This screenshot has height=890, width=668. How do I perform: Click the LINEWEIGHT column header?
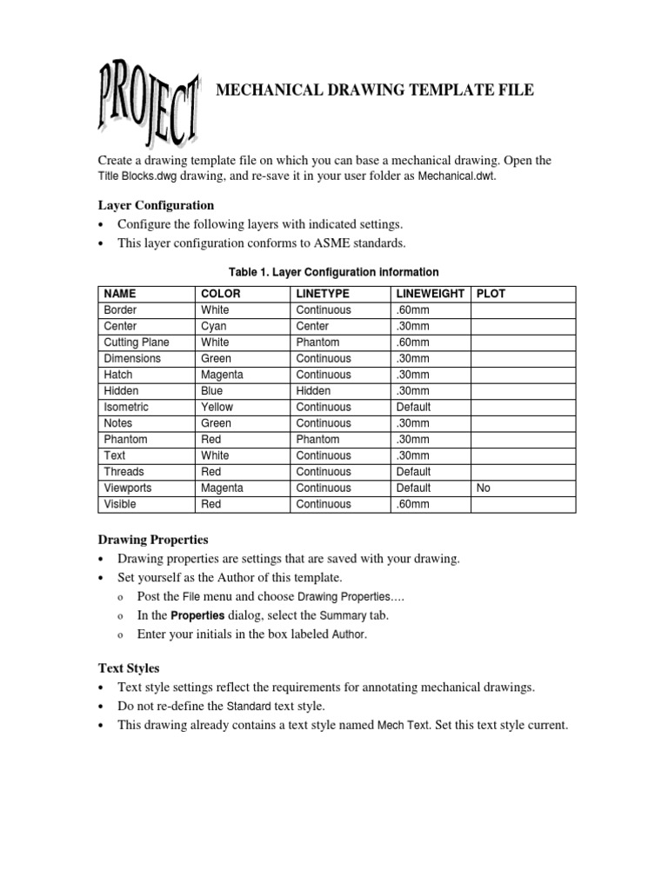(x=430, y=294)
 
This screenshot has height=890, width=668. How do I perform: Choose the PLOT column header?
(x=491, y=294)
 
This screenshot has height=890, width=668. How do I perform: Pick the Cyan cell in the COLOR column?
(x=214, y=326)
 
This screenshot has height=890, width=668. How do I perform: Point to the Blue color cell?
(x=212, y=391)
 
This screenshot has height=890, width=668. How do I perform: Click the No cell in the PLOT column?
(x=484, y=488)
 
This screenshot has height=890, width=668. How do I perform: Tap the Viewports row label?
(x=129, y=488)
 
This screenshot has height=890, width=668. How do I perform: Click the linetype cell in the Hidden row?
(x=313, y=391)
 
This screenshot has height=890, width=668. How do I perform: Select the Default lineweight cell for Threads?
(x=413, y=472)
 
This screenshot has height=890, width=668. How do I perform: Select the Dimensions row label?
(x=132, y=358)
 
